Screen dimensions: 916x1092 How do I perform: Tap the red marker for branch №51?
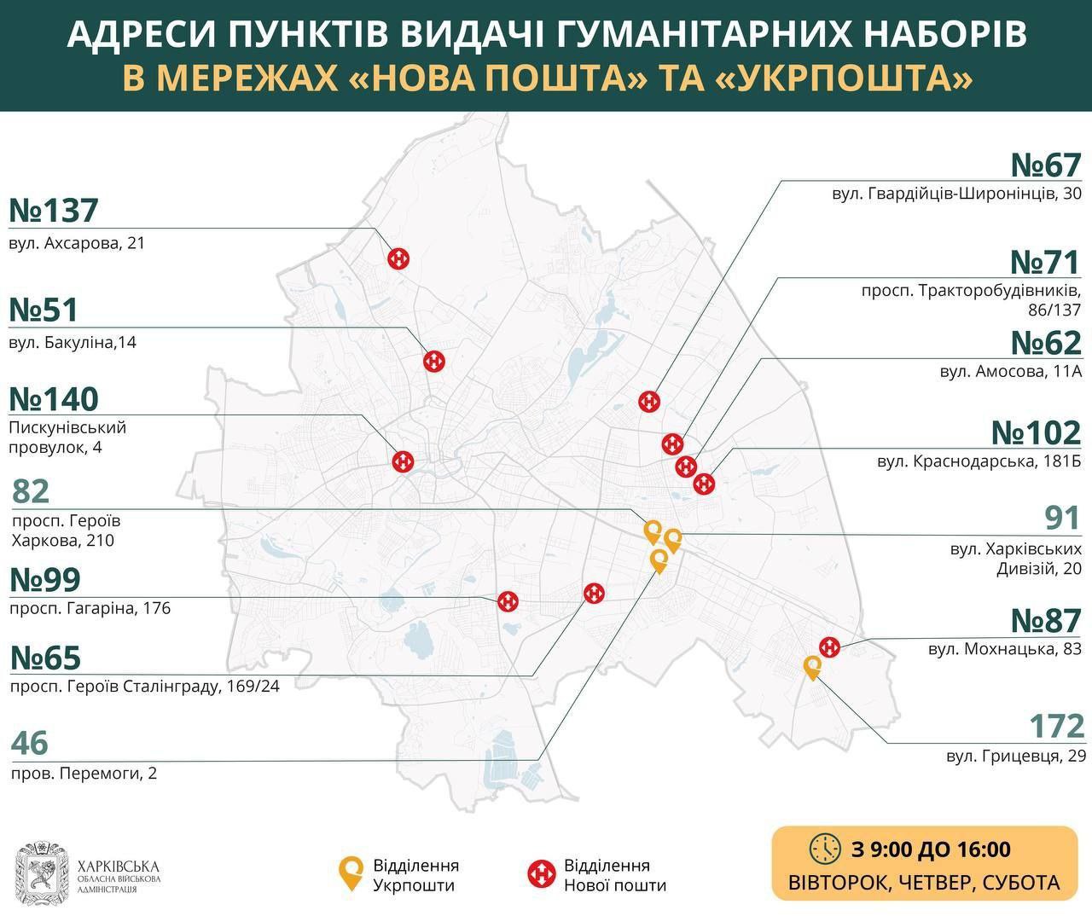coord(435,361)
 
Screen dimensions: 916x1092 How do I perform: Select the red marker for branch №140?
coord(403,461)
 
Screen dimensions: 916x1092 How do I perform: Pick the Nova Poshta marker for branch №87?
coord(828,647)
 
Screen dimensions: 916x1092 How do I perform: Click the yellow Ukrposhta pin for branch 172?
coord(812,666)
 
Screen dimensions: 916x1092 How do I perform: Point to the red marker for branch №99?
coord(508,601)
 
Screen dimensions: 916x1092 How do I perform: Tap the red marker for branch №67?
coord(650,401)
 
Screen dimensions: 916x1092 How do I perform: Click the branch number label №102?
coord(1036,433)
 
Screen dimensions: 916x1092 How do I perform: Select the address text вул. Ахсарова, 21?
coord(78,243)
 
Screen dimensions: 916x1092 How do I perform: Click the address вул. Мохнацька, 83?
coord(1004,649)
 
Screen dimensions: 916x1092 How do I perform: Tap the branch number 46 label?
coord(30,743)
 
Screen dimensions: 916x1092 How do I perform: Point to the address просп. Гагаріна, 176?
coord(90,608)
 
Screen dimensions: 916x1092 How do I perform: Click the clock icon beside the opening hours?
coord(825,849)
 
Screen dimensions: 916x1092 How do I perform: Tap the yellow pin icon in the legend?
coord(350,873)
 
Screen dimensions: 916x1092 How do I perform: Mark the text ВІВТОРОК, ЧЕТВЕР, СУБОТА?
coord(924,882)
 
